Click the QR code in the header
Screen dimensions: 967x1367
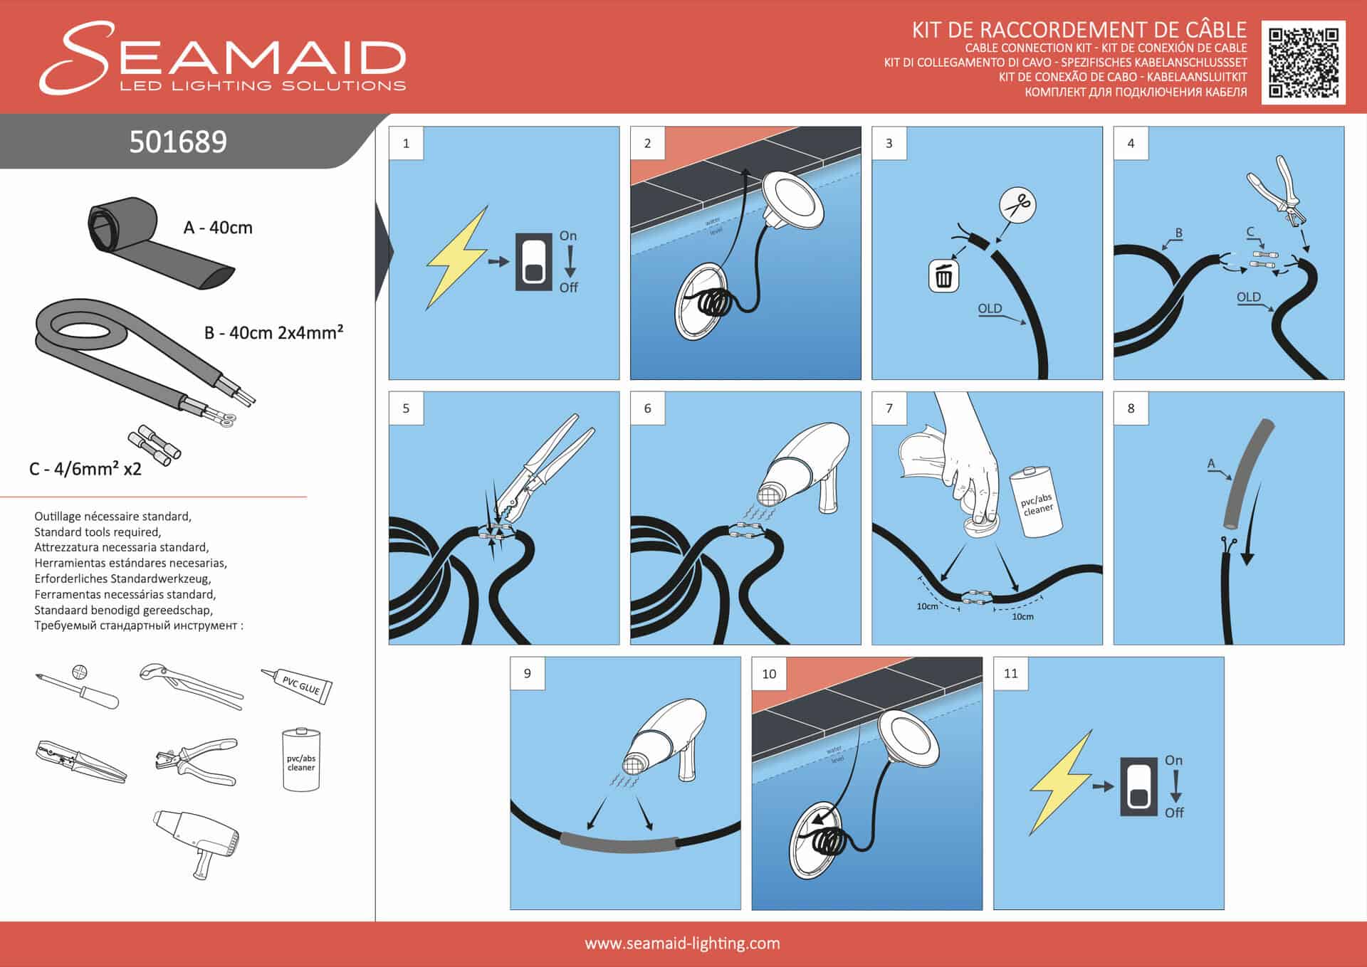pos(1303,63)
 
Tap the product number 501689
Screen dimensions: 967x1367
pos(178,142)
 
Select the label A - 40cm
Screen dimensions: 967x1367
pos(218,228)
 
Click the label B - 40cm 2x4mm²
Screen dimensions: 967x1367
pos(274,332)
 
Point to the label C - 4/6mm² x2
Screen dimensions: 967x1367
pos(85,469)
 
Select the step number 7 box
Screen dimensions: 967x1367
pos(889,408)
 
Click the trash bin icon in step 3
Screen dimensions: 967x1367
pos(943,276)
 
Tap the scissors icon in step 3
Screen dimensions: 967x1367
pos(1017,206)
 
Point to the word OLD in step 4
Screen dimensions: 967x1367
pos(1248,297)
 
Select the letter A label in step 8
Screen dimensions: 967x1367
pos(1211,464)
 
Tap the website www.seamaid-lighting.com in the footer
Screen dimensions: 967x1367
pos(682,944)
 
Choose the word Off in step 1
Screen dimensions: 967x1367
pos(568,287)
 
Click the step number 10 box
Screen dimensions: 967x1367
pos(769,674)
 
